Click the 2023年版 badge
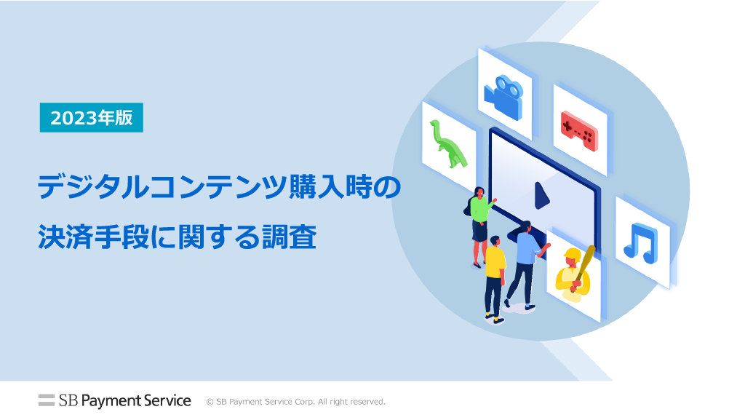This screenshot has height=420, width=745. pyautogui.click(x=91, y=117)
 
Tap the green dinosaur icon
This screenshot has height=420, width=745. pyautogui.click(x=447, y=144)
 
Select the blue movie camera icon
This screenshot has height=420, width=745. pyautogui.click(x=503, y=97)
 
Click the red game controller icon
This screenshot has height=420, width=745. pyautogui.click(x=579, y=130)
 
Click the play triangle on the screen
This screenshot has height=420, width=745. pyautogui.click(x=541, y=196)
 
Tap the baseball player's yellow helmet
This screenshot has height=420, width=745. pyautogui.click(x=573, y=254)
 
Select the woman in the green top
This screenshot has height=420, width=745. pyautogui.click(x=480, y=226)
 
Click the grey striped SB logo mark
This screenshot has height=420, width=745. pyautogui.click(x=47, y=400)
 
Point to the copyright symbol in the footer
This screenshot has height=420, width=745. pyautogui.click(x=210, y=402)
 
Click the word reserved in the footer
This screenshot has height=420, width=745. pyautogui.click(x=367, y=402)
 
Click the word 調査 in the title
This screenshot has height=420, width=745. pyautogui.click(x=289, y=237)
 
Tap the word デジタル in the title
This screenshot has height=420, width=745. pyautogui.click(x=93, y=187)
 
